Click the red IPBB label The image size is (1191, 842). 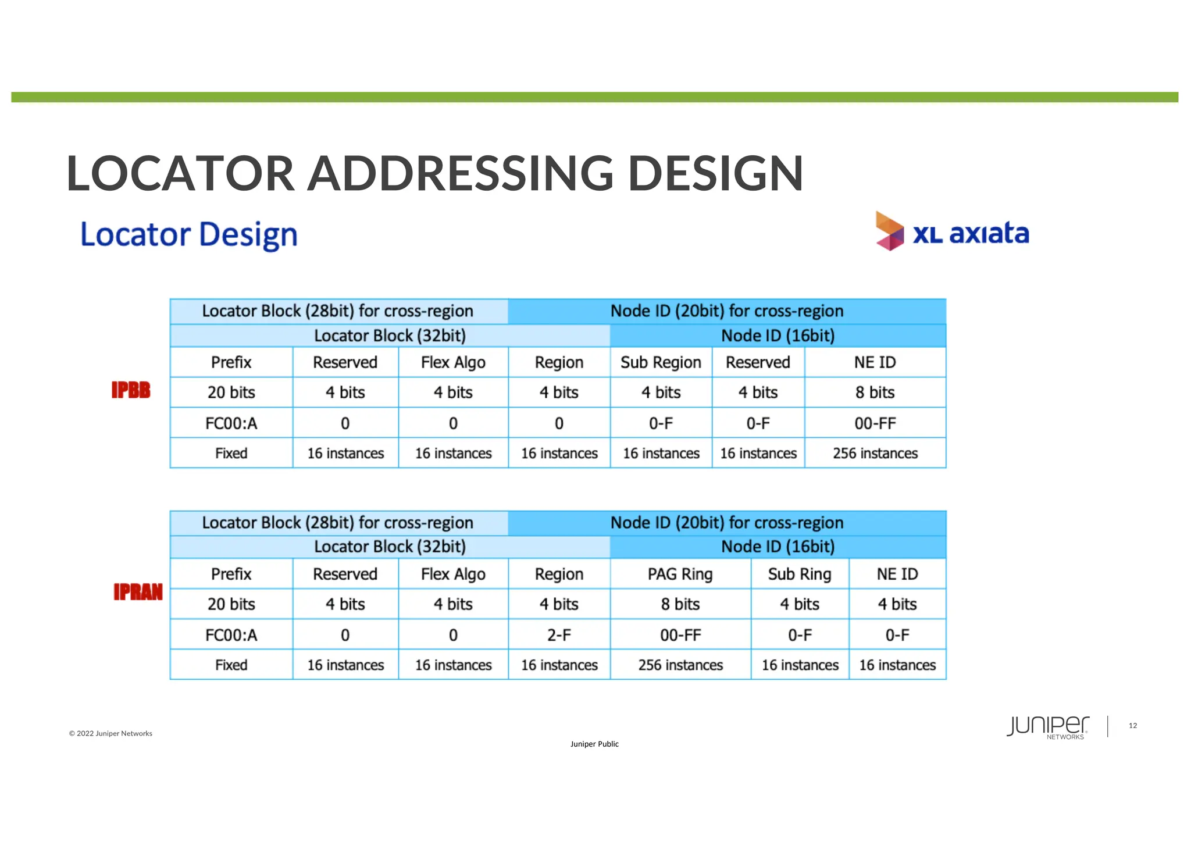point(131,390)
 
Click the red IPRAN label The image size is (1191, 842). point(138,592)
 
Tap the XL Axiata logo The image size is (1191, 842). point(953,232)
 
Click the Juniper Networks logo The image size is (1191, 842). point(1048,727)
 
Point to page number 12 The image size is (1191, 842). point(1132,725)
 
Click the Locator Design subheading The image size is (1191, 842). point(189,234)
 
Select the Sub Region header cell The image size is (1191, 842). point(661,362)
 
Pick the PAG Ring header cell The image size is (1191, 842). point(680,574)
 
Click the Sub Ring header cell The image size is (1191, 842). point(800,574)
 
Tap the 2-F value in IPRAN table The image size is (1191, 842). point(559,634)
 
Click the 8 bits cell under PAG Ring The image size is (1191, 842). point(680,604)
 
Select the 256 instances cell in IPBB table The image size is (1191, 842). point(875,453)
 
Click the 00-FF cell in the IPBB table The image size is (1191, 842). point(875,423)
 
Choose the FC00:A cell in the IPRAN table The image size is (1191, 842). point(231,634)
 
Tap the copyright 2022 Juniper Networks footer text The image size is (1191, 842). point(110,733)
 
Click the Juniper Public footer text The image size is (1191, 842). point(594,744)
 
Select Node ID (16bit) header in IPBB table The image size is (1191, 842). point(778,336)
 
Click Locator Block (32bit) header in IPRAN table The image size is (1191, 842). point(390,547)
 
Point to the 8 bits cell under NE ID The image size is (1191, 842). point(875,393)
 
